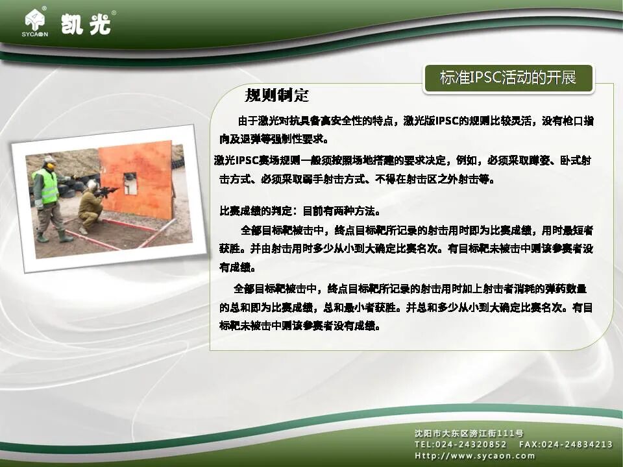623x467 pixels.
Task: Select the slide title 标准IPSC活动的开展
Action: coord(508,78)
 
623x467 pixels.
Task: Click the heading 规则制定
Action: coord(276,96)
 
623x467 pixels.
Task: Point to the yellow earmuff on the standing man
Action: coord(50,166)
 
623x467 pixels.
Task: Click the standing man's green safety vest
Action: coord(46,186)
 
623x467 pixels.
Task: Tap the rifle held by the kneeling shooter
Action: coord(107,191)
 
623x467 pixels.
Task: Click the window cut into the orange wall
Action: coord(130,184)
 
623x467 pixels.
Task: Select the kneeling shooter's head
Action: coord(93,186)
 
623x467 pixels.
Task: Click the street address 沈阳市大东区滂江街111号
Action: coord(469,433)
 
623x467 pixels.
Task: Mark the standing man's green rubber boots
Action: coord(54,236)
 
